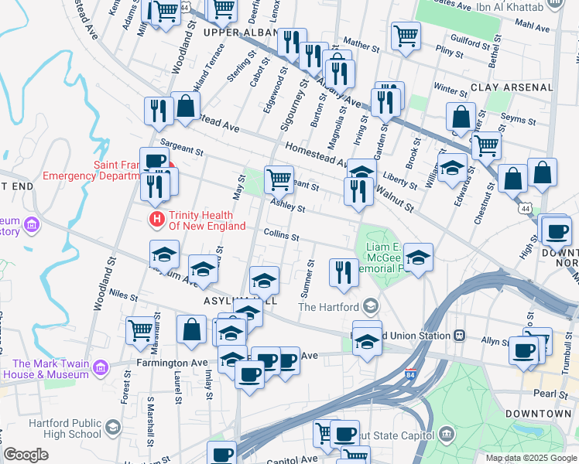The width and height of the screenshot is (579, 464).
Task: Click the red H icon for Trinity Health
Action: pos(158,220)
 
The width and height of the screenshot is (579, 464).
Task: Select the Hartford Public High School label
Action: pos(65,428)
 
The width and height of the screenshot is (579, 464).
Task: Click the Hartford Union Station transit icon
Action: pos(459,336)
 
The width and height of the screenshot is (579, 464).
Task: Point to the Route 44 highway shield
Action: pos(526,209)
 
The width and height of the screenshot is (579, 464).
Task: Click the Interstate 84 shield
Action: pos(409,375)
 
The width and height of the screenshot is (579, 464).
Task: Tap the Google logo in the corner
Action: pos(26,455)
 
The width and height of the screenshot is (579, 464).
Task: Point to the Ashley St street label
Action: pos(287,205)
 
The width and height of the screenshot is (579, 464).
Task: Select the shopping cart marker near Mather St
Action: pos(406,34)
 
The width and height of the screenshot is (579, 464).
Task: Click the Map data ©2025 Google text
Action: pos(531,458)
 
